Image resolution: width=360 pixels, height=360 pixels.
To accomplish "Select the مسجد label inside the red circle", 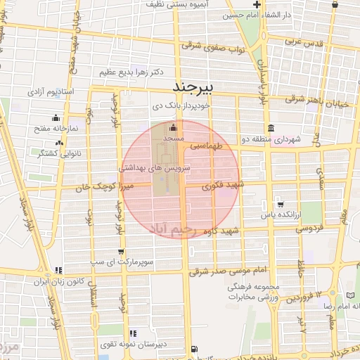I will [x=173, y=139].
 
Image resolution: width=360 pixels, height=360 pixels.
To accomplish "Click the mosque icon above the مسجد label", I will [x=174, y=129].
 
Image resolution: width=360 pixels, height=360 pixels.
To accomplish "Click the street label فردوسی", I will [x=309, y=228].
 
